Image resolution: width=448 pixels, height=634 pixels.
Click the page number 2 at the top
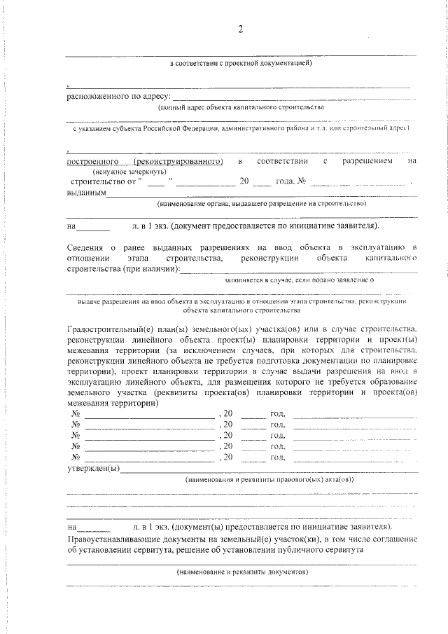pos(240,29)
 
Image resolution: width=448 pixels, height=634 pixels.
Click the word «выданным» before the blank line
pos(86,192)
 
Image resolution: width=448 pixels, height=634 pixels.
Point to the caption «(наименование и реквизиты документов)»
pos(243,572)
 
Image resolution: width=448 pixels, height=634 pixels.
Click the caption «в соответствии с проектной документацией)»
pos(241,64)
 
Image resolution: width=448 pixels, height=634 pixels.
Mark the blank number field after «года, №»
pos(357,182)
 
